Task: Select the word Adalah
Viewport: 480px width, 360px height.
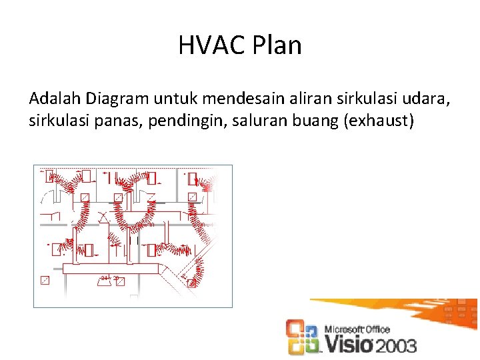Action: coord(55,99)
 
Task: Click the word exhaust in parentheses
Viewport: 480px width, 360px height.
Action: coord(379,122)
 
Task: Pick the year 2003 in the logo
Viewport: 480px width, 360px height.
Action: coord(395,345)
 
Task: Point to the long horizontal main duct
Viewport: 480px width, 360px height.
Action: coord(113,268)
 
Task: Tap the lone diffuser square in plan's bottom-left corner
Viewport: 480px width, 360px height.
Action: coord(45,280)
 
